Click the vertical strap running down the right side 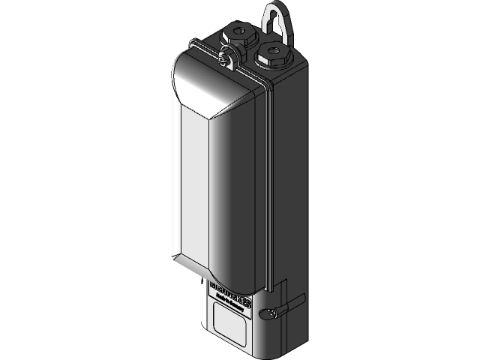(x=266, y=187)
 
